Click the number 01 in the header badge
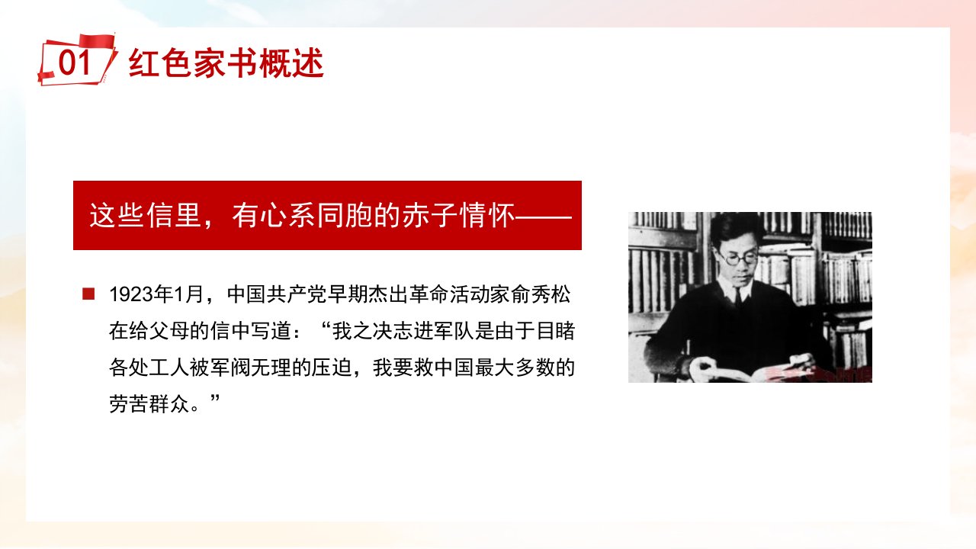click(75, 63)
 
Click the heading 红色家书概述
click(226, 63)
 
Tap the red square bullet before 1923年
click(88, 294)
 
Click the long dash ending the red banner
click(544, 216)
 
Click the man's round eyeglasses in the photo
click(739, 258)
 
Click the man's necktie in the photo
click(737, 297)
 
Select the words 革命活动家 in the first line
click(460, 294)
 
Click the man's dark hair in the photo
click(737, 229)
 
